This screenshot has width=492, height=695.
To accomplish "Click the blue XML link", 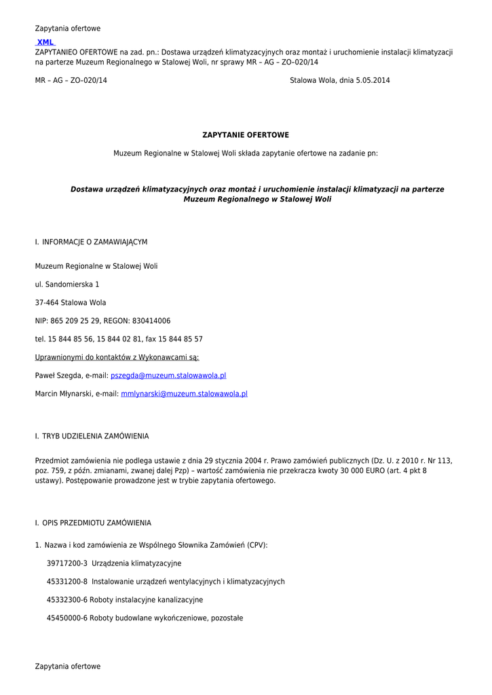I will pos(45,42).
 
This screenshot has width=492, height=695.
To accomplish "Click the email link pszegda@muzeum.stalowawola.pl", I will pos(168,375).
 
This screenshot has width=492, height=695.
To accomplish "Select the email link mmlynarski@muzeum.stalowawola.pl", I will pos(184,394).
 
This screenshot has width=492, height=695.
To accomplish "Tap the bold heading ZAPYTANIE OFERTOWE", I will pos(246,135).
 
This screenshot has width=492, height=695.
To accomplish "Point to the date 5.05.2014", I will pos(373,80).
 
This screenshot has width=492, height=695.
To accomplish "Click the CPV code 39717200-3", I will pos(67,563).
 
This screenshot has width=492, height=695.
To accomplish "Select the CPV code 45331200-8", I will pos(67,582).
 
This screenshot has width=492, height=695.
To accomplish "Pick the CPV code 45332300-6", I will pos(67,600).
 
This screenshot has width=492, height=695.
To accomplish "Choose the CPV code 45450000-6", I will pos(67,618).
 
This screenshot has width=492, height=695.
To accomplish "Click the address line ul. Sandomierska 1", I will pos(67,284).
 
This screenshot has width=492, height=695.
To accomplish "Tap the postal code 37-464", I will pos(47,303).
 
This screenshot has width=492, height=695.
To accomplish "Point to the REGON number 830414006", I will pos(150,321).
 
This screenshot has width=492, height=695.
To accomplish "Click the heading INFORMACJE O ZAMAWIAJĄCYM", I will pos(95,242).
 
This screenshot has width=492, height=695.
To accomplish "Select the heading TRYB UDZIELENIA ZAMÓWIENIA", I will pos(96,436).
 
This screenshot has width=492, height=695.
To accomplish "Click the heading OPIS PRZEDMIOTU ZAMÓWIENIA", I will pos(97,523).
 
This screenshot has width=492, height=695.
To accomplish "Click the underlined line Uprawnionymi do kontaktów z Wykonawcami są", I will pos(117,357).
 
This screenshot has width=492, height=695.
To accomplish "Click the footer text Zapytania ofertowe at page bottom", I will pos(68,666).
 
